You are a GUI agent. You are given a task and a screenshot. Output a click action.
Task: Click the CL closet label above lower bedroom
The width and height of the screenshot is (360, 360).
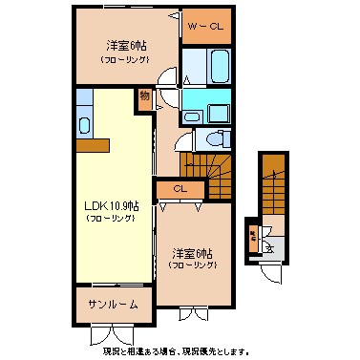pyautogui.click(x=180, y=189)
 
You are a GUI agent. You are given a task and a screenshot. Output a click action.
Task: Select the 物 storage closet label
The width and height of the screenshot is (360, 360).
pyautogui.click(x=143, y=95)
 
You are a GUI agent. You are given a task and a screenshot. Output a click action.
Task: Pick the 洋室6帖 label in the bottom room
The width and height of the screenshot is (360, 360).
pyautogui.click(x=192, y=254)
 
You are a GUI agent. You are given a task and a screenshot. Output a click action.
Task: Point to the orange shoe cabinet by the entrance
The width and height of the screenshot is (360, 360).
pyautogui.click(x=252, y=239)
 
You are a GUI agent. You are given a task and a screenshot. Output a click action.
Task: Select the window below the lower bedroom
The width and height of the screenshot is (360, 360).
pyautogui.click(x=192, y=311)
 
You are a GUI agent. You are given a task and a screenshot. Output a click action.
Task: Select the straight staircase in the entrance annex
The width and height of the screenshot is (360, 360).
pyautogui.click(x=273, y=186)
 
